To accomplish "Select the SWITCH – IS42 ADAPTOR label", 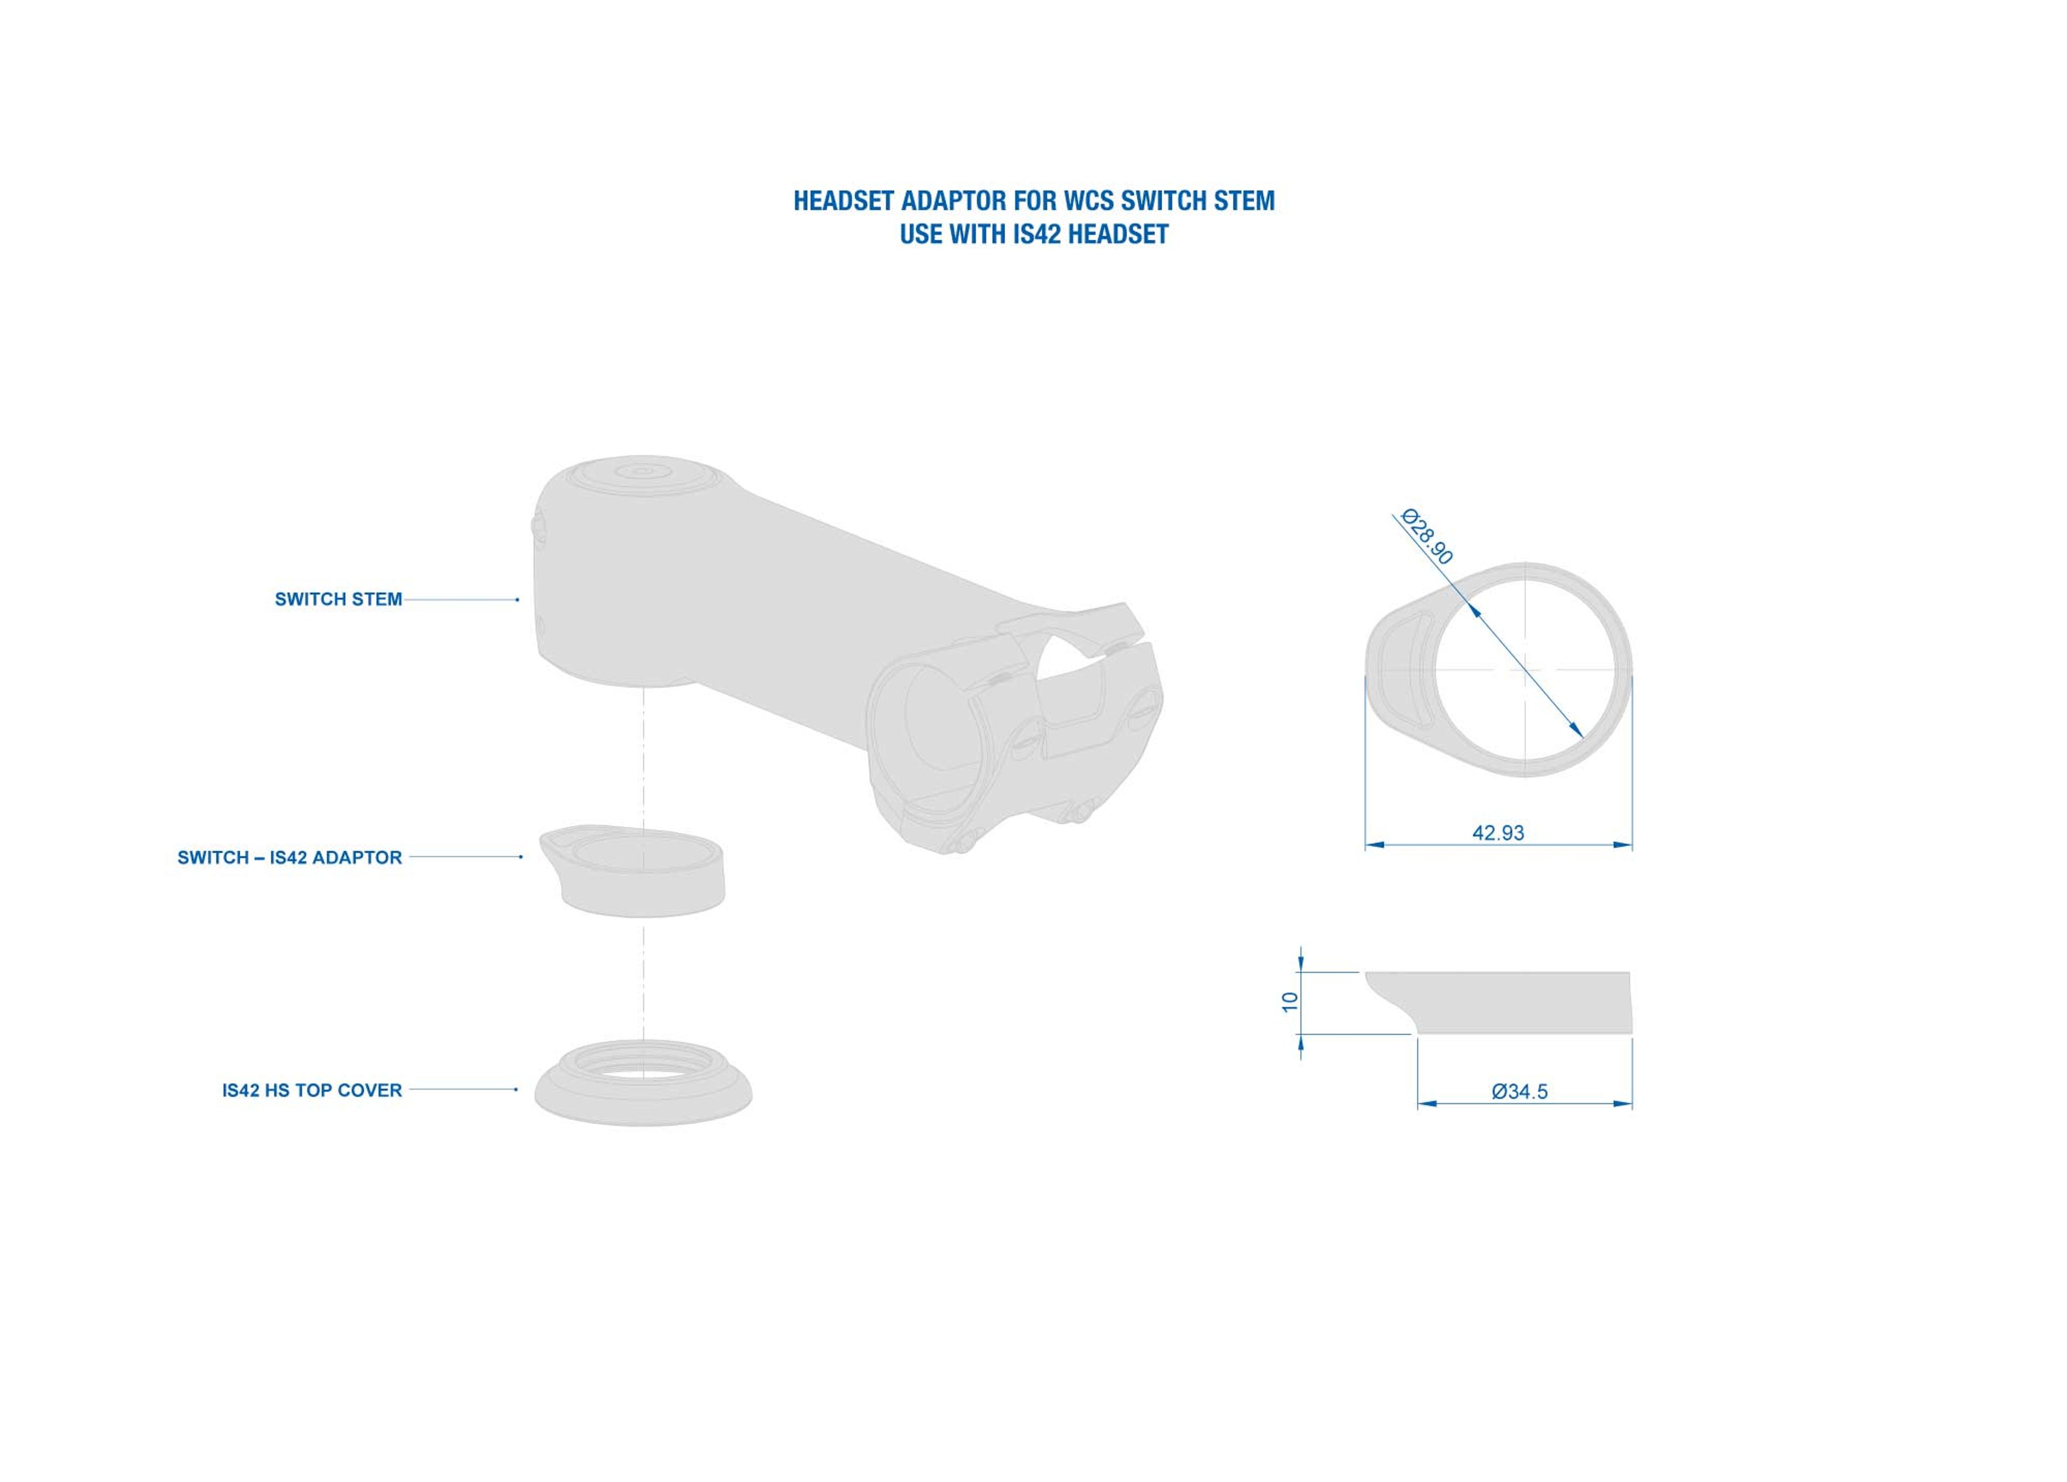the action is [x=290, y=858].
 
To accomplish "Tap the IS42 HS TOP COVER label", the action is [x=312, y=1090].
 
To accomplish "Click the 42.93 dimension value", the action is [x=1498, y=832].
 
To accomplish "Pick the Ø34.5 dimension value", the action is [x=1519, y=1091].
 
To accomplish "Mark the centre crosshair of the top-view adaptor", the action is [x=1525, y=670].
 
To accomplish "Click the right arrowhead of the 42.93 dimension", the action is [x=1622, y=845].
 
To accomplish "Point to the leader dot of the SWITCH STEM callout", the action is [x=518, y=600].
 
